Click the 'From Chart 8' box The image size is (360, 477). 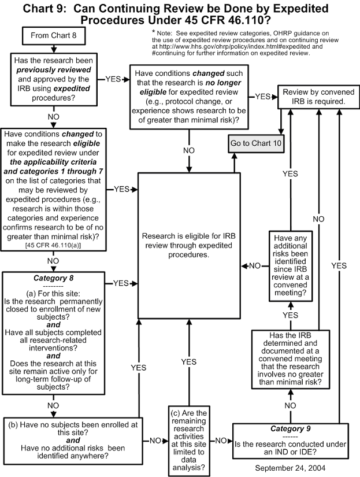tap(54, 37)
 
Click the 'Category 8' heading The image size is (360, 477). tap(53, 278)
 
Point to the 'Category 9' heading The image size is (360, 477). tap(291, 429)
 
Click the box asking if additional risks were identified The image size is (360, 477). tap(290, 267)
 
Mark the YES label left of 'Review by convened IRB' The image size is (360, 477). tap(263, 96)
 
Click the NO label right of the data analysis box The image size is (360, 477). tap(220, 441)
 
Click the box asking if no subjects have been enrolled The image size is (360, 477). tap(73, 439)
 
